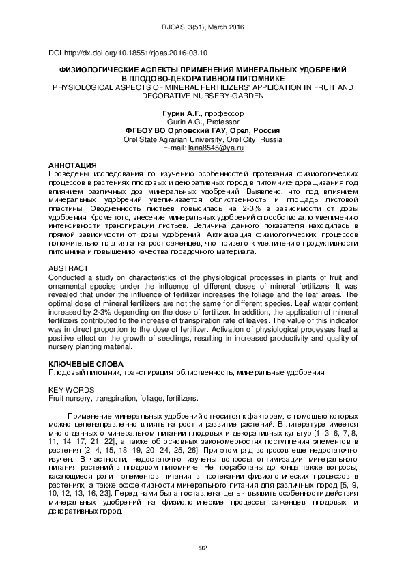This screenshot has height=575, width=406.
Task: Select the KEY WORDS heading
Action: coord(69,389)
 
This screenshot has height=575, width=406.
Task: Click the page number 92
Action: coord(203,548)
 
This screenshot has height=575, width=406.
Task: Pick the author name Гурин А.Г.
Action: coord(175,111)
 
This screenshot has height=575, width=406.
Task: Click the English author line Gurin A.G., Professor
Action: coord(203,121)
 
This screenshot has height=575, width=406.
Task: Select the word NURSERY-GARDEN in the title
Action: coord(229,96)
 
